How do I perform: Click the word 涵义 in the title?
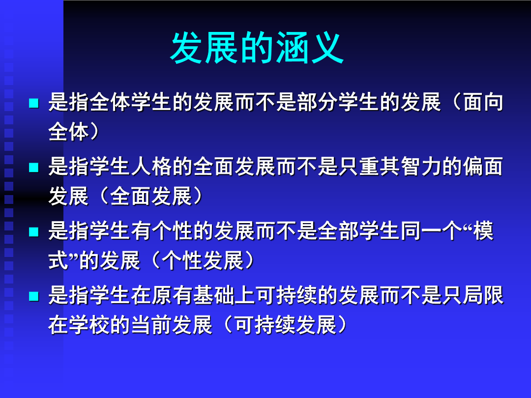[310, 48]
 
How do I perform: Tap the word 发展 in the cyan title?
[204, 48]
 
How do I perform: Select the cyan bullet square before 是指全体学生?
[34, 103]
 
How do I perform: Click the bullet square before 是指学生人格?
[34, 167]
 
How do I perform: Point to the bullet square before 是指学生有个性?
[34, 232]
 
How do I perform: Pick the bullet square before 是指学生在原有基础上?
[34, 296]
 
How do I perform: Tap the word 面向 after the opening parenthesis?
[483, 102]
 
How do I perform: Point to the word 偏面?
[483, 167]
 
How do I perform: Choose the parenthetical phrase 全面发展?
[151, 196]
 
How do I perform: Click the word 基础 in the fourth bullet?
[213, 295]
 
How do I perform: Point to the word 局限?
[483, 295]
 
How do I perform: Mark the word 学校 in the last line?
[89, 325]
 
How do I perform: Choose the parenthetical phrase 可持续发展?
[286, 325]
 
